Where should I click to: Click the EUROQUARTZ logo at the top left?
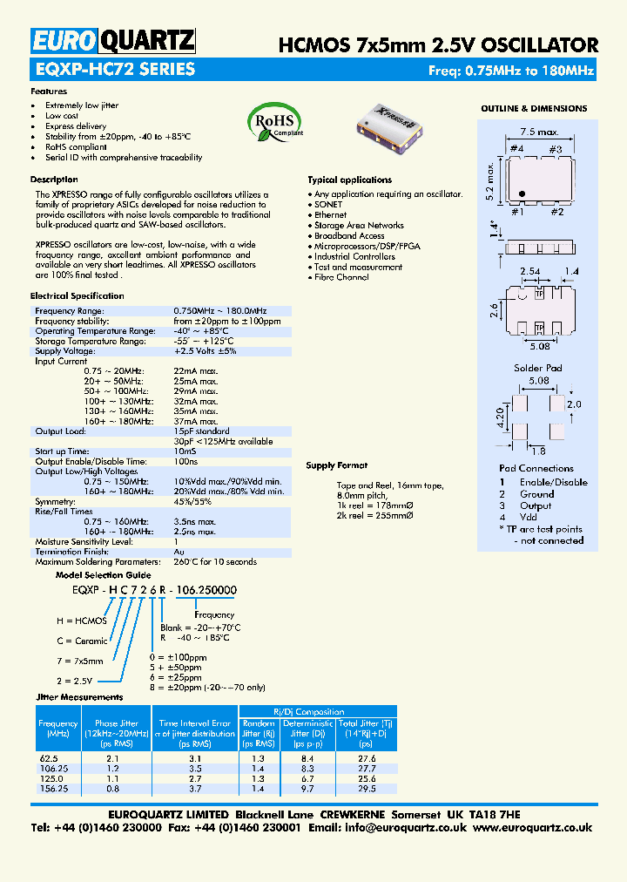(113, 41)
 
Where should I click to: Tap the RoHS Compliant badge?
(276, 120)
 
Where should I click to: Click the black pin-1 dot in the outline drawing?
(521, 193)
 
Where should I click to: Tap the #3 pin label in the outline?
(555, 149)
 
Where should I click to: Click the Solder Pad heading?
(538, 368)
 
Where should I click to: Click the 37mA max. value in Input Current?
(196, 421)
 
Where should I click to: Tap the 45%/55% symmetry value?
(192, 502)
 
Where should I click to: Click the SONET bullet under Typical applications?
(328, 204)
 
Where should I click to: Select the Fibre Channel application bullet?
(341, 277)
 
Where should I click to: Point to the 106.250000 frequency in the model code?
(206, 590)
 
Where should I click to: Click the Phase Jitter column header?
(117, 723)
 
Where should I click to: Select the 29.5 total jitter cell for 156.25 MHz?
(366, 789)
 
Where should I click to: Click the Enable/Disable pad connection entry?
(553, 482)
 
